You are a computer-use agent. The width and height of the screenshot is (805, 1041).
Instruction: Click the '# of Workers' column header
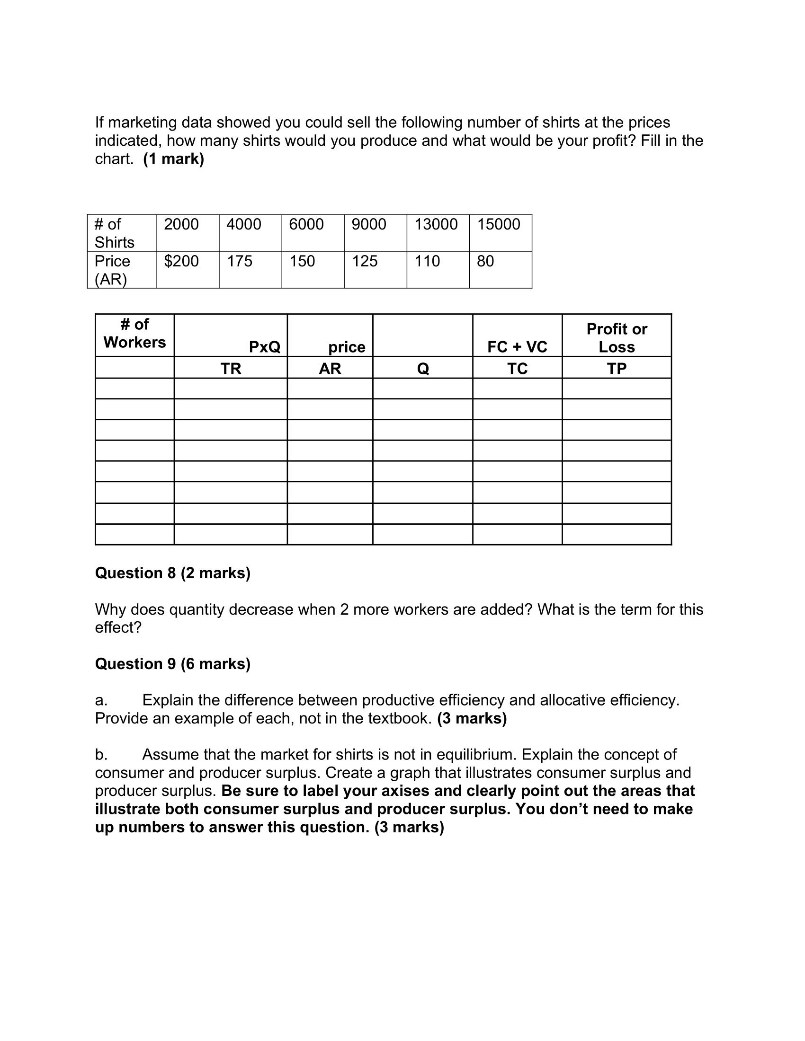tap(134, 333)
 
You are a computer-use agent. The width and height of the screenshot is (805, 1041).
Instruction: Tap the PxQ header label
tap(265, 346)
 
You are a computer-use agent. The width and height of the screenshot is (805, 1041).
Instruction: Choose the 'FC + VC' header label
tap(517, 346)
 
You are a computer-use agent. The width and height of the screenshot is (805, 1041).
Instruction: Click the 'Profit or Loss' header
tap(617, 337)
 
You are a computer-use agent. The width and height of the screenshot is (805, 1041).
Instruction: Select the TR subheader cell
tap(231, 369)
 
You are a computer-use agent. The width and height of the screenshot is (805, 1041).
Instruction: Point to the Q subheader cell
tap(422, 369)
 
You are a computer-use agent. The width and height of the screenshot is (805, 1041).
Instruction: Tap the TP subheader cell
tap(617, 369)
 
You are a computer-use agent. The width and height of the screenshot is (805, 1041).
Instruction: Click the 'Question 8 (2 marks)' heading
tap(173, 573)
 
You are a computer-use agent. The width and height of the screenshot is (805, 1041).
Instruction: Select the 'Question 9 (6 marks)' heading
tap(173, 663)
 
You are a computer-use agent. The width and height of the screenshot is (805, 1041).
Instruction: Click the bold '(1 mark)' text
tap(174, 159)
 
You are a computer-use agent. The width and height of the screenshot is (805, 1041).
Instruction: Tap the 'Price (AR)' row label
tap(113, 270)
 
